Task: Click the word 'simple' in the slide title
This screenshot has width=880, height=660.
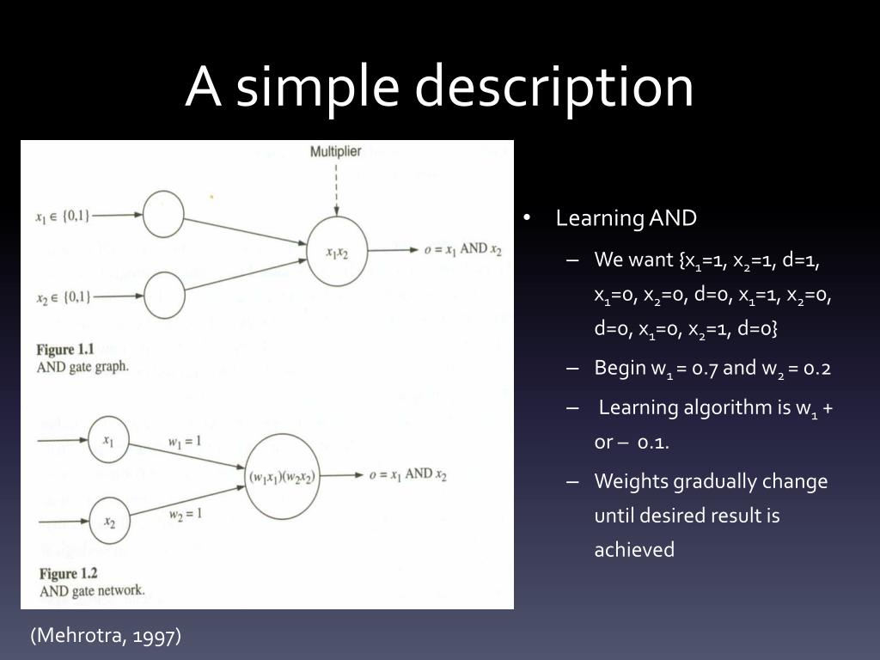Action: [319, 87]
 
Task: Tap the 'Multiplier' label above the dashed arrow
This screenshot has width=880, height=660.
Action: [336, 151]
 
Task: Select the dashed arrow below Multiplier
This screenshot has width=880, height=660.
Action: [336, 187]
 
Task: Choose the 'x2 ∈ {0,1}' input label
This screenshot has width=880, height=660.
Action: [62, 297]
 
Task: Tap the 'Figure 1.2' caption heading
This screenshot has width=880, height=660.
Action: [68, 573]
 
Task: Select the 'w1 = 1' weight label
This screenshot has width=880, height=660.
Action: [184, 442]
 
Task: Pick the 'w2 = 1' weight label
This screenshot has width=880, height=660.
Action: [184, 514]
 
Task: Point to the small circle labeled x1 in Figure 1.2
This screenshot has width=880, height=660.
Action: [108, 441]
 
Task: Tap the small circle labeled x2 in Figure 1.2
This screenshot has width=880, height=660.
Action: [108, 521]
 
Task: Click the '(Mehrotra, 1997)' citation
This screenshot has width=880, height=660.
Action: [106, 636]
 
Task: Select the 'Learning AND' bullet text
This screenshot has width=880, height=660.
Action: [626, 218]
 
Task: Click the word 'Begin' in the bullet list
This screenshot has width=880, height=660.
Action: [620, 369]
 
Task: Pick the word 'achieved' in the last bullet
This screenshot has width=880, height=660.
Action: [634, 550]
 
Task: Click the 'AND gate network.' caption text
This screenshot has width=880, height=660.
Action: [92, 591]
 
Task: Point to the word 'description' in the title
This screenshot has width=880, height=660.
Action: [555, 87]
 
